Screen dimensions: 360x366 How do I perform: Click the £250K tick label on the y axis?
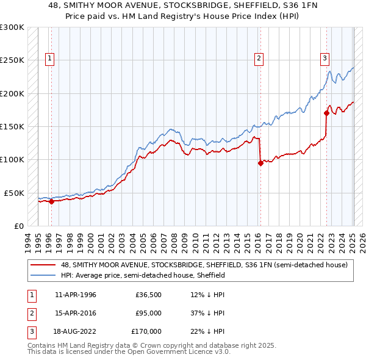coord(12,60)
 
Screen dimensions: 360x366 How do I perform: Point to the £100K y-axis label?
coord(12,159)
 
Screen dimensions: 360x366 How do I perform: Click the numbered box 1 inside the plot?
coord(49,59)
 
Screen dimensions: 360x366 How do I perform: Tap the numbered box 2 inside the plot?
coord(259,59)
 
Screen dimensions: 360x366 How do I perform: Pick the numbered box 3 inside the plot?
coord(325,59)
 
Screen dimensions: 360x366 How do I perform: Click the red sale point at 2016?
coord(261,163)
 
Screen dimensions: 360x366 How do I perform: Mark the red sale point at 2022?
coord(327,113)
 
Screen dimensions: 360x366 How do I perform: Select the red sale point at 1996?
coord(51,201)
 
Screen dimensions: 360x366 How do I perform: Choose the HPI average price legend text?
coord(143,275)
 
